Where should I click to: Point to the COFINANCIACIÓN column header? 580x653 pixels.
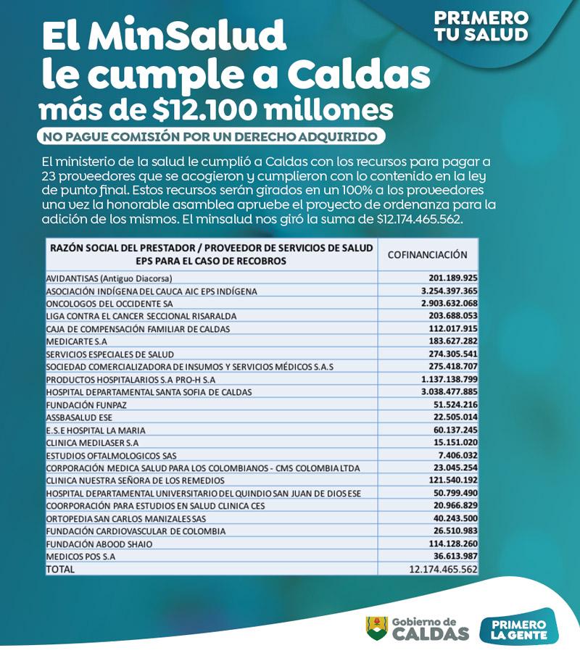click(427, 254)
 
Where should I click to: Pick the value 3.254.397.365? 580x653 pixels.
click(442, 291)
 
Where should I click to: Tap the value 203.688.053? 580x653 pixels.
click(450, 316)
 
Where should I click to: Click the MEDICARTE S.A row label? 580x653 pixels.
click(77, 341)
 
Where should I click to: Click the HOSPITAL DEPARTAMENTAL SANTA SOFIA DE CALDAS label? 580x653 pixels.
click(149, 391)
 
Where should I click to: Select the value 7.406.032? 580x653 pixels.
click(455, 454)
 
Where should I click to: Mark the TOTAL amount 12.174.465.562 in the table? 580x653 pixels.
click(439, 569)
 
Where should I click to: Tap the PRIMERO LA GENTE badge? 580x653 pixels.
click(518, 628)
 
